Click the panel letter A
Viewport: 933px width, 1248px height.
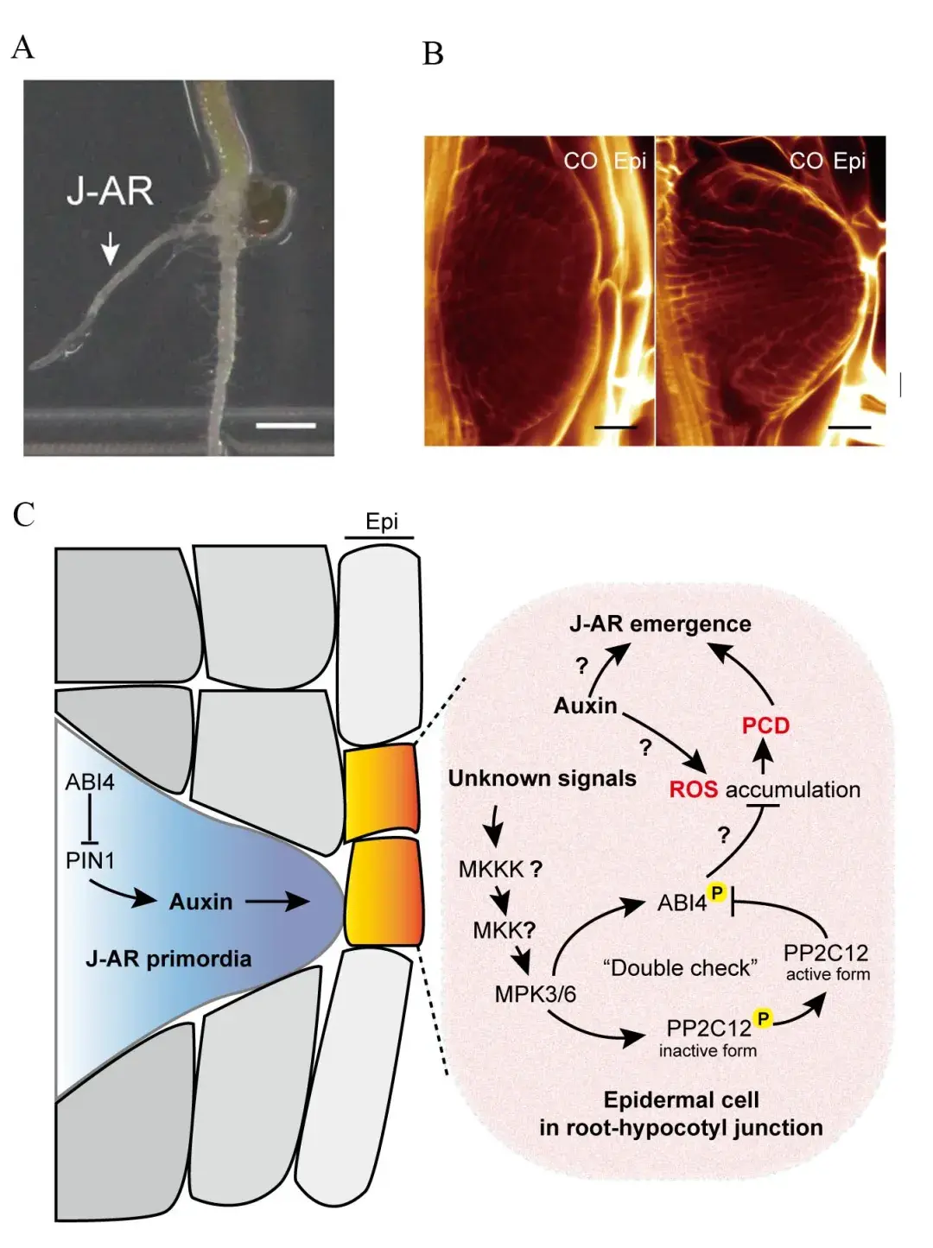pos(22,47)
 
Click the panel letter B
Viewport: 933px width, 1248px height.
pos(433,54)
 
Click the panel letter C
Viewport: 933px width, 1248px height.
pos(24,515)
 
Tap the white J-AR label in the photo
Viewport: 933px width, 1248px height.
pos(111,192)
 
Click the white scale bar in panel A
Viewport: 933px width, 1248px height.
pos(286,425)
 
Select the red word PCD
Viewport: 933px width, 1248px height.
pos(765,725)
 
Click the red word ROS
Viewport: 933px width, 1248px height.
pos(694,789)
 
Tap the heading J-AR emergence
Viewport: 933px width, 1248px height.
pos(660,624)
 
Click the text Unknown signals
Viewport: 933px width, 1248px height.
pos(542,779)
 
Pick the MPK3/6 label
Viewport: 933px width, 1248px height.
pos(535,994)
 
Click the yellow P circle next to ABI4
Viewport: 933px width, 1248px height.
pos(717,893)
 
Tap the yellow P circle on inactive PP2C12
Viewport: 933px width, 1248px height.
pos(763,1017)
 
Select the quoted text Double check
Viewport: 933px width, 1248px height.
pos(681,967)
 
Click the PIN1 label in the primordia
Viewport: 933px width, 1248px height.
pos(90,861)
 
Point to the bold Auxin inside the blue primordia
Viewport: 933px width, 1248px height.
pos(200,903)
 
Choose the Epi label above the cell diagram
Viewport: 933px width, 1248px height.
pos(382,522)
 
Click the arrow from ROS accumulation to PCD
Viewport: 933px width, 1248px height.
pos(763,758)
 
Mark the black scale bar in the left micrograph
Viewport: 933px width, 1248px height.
pos(616,427)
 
